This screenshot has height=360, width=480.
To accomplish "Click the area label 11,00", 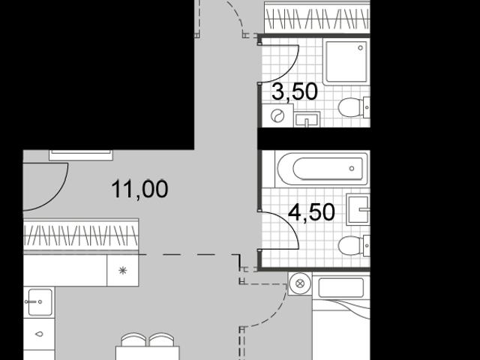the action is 139,189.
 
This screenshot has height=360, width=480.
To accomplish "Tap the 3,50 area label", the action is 295,91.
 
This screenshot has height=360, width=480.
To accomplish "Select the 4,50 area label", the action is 312,212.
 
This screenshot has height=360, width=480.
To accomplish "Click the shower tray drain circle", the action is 360,48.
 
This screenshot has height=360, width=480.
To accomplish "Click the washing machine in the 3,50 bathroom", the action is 277,115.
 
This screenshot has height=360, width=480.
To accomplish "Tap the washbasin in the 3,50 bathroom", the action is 307,119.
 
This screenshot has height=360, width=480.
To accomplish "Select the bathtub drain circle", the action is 352,168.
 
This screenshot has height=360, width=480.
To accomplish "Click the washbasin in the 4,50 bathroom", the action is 358,209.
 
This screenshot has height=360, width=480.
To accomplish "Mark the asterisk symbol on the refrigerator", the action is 123,270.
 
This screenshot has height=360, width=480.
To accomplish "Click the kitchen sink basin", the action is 40,302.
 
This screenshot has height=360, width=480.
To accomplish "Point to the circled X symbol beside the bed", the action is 300,283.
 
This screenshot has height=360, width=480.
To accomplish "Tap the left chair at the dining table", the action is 133,340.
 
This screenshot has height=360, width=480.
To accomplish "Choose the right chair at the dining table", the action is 161,340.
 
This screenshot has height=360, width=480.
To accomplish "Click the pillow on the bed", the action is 341,287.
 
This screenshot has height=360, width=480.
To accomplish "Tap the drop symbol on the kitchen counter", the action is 39,334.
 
